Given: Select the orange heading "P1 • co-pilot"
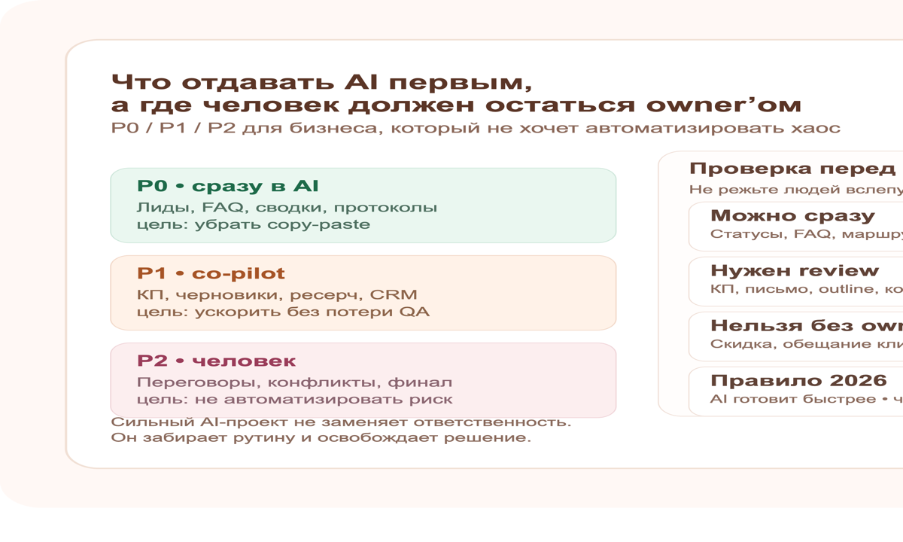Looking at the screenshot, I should coord(211,273).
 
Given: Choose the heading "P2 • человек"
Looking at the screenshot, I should coord(216,361).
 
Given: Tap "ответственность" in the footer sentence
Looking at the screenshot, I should coord(500,422).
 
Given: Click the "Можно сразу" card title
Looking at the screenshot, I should coord(792,216).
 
